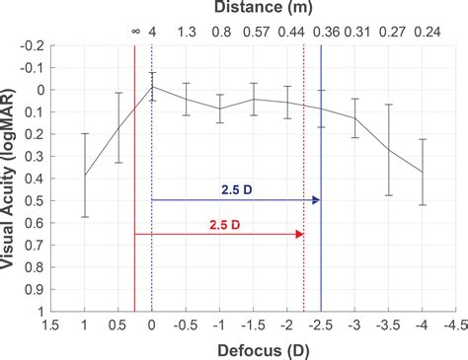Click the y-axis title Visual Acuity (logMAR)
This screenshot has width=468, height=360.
pos(10,179)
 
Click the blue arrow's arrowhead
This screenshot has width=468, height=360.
pos(316,199)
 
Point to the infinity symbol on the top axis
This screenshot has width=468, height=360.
pos(134,33)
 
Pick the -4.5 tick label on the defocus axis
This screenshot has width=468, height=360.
pos(453,324)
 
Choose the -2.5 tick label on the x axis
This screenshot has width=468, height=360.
pos(320,324)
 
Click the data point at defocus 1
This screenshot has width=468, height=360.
pos(85,176)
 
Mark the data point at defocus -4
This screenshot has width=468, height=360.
pos(423,173)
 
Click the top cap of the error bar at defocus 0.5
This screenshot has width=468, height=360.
pos(118,93)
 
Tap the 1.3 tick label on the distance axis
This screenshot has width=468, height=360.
pos(186,33)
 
